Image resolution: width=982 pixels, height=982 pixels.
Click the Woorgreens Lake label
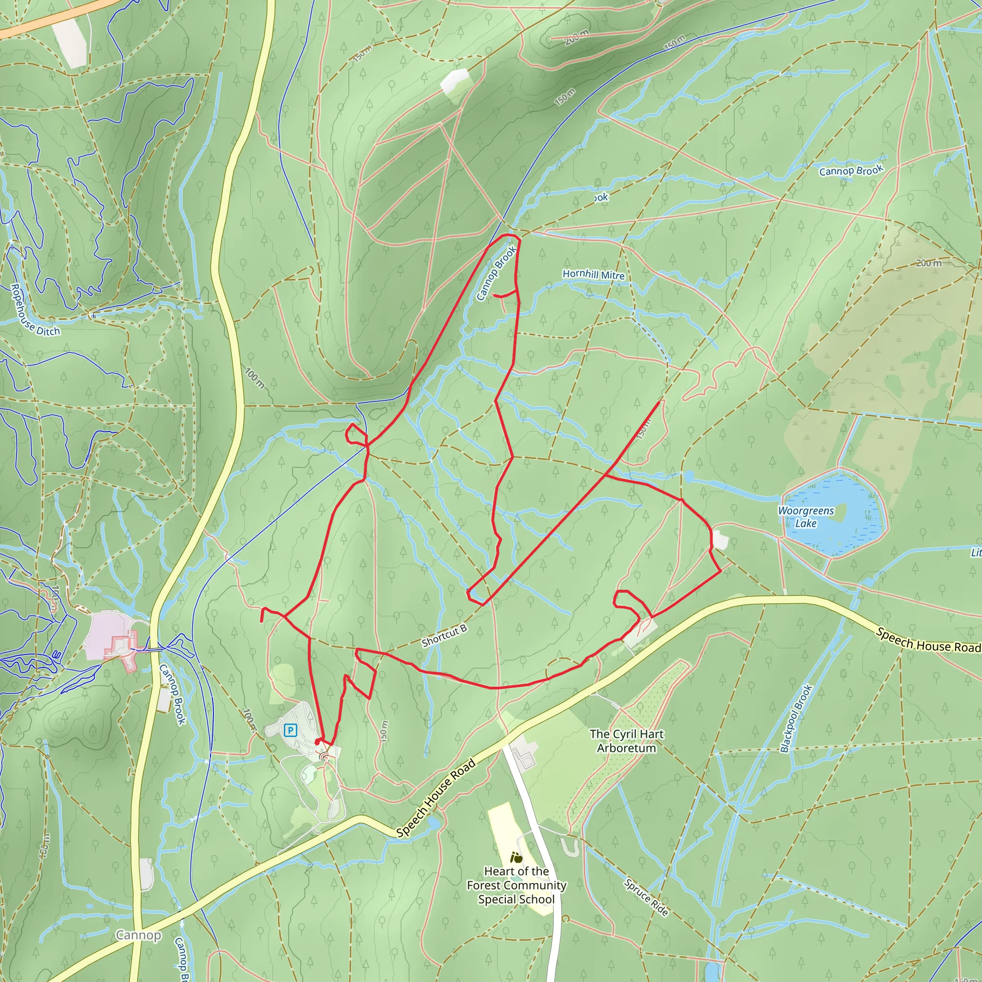806,516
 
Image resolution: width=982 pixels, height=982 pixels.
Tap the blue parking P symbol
290,730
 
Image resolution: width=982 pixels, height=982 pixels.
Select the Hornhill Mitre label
593,274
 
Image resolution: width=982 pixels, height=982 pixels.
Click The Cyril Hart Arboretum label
626,740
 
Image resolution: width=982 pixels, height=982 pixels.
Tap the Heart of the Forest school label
516,885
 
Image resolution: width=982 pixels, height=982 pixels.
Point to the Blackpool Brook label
796,719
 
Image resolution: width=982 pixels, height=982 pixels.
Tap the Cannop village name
138,935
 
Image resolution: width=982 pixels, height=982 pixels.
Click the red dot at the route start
318,742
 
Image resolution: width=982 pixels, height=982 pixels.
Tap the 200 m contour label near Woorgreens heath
929,263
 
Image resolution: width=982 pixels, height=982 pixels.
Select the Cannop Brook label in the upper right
852,171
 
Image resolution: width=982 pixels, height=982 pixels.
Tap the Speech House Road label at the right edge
928,640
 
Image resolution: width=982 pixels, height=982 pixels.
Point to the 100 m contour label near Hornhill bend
254,378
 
